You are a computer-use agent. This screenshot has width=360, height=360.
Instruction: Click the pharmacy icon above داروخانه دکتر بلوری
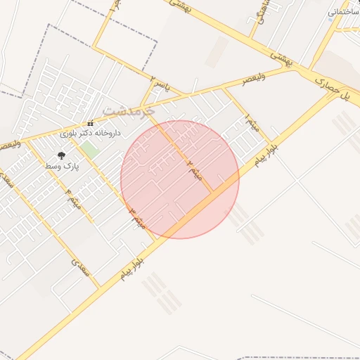pyautogui.click(x=90, y=124)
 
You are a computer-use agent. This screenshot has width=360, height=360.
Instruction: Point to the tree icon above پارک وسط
pyautogui.click(x=61, y=155)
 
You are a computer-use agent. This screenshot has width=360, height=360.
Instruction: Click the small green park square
pyautogui.click(x=89, y=149)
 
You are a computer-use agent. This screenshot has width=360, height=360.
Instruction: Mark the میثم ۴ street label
pyautogui.click(x=73, y=196)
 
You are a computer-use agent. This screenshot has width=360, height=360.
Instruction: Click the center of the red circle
pyautogui.click(x=180, y=179)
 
